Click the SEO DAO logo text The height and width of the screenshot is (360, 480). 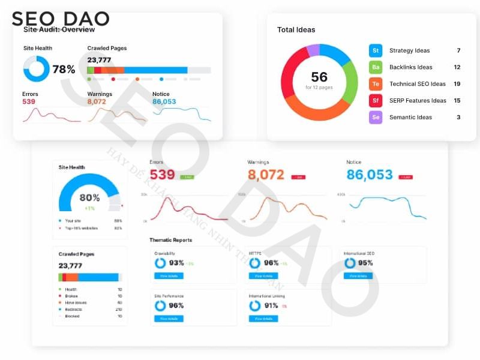click(x=60, y=19)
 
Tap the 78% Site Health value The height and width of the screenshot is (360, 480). click(x=64, y=70)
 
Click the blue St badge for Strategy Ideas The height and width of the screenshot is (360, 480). click(x=376, y=50)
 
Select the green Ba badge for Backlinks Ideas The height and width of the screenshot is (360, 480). click(x=376, y=67)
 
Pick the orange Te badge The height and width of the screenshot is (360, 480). click(x=376, y=84)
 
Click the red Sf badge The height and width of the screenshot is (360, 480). click(x=376, y=100)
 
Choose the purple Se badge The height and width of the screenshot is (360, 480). click(x=376, y=117)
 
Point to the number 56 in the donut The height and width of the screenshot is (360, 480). click(x=319, y=77)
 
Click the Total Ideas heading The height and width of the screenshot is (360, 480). click(x=296, y=29)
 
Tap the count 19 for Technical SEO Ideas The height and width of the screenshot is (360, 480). click(x=457, y=84)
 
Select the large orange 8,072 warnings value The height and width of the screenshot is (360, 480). click(x=266, y=175)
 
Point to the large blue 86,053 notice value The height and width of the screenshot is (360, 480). click(x=370, y=175)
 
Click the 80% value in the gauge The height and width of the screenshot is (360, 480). click(x=89, y=197)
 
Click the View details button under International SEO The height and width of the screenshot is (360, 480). click(x=358, y=276)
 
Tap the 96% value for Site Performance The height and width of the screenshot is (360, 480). click(x=176, y=305)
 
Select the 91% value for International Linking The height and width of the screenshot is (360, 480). click(x=271, y=305)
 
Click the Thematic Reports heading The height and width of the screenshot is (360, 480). click(x=170, y=240)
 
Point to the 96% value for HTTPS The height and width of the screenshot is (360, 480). click(x=271, y=263)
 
